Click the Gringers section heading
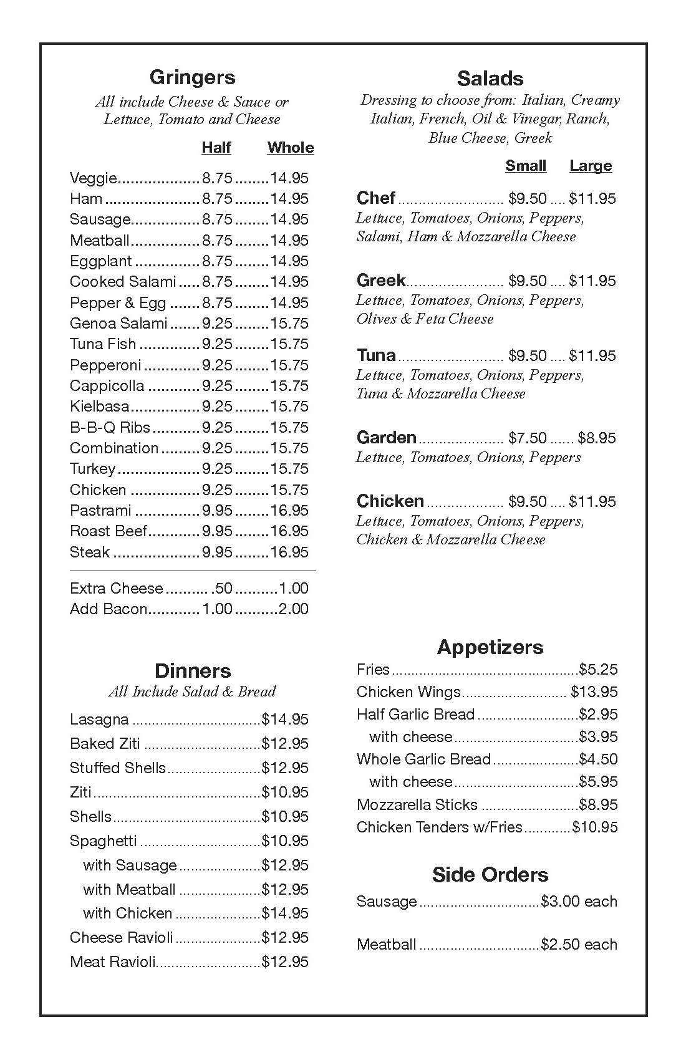(192, 77)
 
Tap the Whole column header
(290, 148)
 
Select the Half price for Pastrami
(217, 511)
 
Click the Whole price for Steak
(289, 552)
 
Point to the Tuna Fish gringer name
(103, 344)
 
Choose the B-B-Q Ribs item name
(110, 428)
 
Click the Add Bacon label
(109, 609)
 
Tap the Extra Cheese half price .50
(222, 589)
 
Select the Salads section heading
(490, 79)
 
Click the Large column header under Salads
(590, 166)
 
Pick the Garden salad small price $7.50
(527, 438)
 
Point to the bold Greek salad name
(381, 281)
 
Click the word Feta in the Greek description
(430, 319)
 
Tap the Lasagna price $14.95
(285, 720)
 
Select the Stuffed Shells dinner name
(118, 768)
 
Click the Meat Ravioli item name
(113, 962)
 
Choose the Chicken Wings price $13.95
(594, 692)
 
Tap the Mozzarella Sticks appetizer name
(417, 805)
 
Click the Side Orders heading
(490, 875)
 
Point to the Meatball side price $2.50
(562, 945)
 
